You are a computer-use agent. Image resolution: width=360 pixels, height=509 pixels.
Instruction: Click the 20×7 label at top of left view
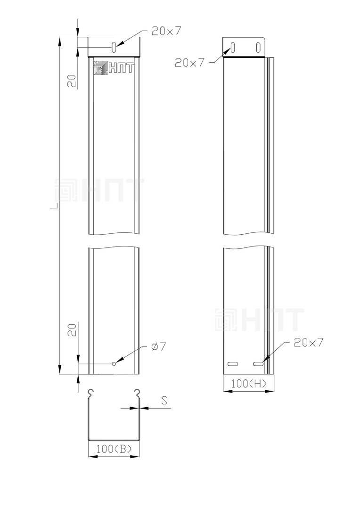(166, 31)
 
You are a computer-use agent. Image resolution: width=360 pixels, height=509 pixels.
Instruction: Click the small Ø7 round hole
(114, 363)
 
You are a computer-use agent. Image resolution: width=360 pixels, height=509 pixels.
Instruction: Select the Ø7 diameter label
(158, 347)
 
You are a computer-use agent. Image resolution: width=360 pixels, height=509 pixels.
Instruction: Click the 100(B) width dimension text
(114, 449)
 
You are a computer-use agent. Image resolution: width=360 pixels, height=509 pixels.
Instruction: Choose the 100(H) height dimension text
(249, 384)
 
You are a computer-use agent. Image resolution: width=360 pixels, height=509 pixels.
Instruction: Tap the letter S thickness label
(164, 401)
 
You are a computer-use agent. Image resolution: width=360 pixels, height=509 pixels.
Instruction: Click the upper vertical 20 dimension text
(72, 81)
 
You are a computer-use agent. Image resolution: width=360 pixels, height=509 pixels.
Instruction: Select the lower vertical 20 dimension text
(72, 330)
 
